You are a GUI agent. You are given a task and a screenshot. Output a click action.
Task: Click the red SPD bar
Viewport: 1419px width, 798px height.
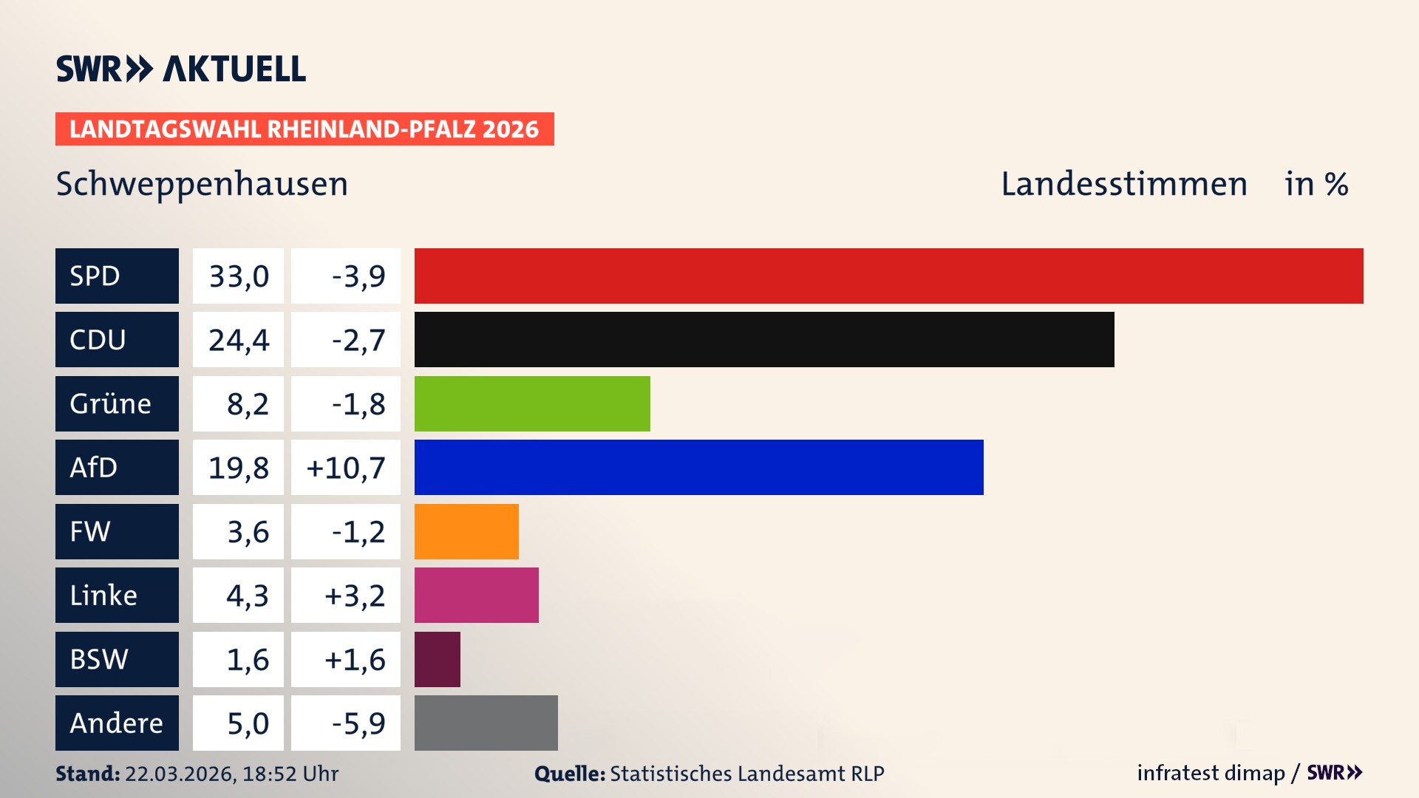(x=888, y=276)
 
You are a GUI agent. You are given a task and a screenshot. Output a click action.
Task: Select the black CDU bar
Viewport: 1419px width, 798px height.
(x=764, y=340)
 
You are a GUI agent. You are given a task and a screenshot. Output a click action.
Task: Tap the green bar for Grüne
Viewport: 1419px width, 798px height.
(x=532, y=403)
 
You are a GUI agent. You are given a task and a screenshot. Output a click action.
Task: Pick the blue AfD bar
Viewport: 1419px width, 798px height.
(x=698, y=467)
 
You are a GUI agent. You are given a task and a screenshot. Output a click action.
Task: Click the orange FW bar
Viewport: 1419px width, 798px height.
(x=466, y=531)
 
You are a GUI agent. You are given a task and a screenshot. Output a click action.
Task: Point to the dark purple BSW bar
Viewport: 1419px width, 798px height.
(x=438, y=659)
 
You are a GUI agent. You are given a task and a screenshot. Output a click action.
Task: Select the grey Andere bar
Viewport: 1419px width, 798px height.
(x=486, y=723)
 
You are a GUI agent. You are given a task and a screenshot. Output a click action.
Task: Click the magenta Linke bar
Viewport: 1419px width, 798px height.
(x=476, y=595)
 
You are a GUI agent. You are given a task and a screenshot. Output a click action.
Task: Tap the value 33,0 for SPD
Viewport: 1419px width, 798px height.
(x=239, y=276)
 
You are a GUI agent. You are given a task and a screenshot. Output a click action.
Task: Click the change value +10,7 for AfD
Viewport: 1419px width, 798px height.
(x=346, y=468)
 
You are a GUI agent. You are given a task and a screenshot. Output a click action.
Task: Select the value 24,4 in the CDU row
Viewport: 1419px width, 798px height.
(x=239, y=340)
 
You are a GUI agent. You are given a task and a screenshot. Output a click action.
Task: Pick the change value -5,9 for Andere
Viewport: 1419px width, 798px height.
(x=358, y=723)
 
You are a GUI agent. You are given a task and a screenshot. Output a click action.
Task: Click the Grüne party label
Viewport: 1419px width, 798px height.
(x=111, y=403)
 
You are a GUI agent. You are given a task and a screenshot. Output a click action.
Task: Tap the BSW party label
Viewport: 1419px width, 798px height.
(x=99, y=659)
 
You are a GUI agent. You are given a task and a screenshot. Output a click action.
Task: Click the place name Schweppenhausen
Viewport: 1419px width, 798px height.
(x=202, y=184)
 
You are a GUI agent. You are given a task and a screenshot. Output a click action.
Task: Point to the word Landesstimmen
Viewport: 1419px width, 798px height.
(x=1123, y=184)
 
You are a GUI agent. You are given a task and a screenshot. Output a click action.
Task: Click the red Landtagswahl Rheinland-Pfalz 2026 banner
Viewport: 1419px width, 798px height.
(x=304, y=129)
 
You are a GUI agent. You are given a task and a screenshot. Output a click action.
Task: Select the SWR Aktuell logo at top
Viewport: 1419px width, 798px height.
(x=181, y=69)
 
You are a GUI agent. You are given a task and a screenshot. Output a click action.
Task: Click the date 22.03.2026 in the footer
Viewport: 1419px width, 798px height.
(x=180, y=774)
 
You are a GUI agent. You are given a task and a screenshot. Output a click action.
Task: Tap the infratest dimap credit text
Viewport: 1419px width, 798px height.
(x=1211, y=773)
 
